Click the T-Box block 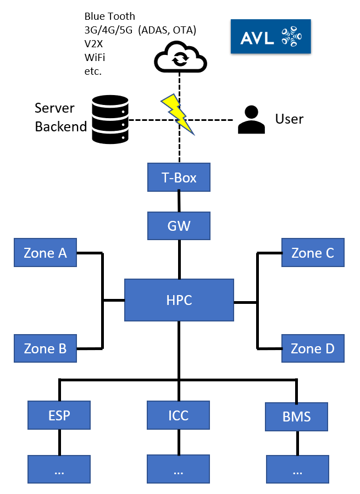click(179, 177)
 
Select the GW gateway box click(179, 225)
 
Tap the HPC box click(179, 300)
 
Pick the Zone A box click(45, 253)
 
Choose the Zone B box click(45, 348)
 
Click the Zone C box click(313, 253)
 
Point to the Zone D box click(313, 348)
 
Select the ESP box click(59, 415)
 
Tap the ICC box click(178, 415)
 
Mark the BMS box click(297, 417)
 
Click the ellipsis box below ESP click(59, 469)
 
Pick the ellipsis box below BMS click(297, 469)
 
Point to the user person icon click(251, 120)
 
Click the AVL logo click(270, 37)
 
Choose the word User click(289, 119)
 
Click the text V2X click(93, 43)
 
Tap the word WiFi click(94, 57)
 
